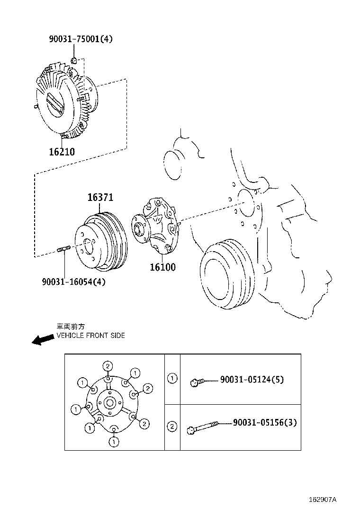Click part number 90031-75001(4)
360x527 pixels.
click(81, 40)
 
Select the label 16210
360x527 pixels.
click(62, 152)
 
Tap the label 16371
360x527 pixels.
click(100, 198)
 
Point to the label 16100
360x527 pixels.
click(162, 267)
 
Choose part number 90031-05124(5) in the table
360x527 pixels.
click(252, 380)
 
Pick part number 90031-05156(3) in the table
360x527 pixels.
click(265, 422)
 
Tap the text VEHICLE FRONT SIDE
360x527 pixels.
click(90, 336)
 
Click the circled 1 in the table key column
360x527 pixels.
click(172, 378)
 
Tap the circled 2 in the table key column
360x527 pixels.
click(172, 427)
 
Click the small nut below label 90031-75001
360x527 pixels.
click(74, 61)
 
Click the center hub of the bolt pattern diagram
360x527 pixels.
click(109, 403)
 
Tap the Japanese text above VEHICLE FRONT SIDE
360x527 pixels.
click(71, 327)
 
